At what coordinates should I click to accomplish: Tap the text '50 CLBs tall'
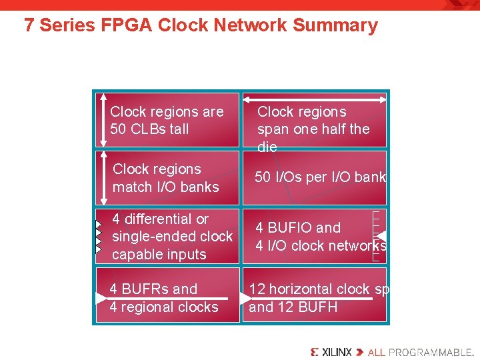[149, 129]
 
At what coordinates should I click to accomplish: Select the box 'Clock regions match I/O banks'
[167, 178]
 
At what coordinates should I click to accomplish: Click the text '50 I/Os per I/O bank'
[321, 177]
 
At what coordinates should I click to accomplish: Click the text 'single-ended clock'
[172, 237]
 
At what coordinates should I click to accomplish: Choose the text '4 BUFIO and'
[298, 227]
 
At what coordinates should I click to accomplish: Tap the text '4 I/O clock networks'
[321, 245]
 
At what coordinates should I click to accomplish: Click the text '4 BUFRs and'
[153, 289]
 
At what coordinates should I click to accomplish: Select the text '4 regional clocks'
[164, 307]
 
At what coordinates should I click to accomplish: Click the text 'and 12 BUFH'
[293, 307]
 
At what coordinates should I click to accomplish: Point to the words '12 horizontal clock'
[309, 289]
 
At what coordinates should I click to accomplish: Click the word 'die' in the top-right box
[267, 147]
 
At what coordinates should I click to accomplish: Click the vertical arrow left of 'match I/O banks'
[102, 177]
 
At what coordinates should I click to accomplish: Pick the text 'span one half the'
[313, 129]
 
